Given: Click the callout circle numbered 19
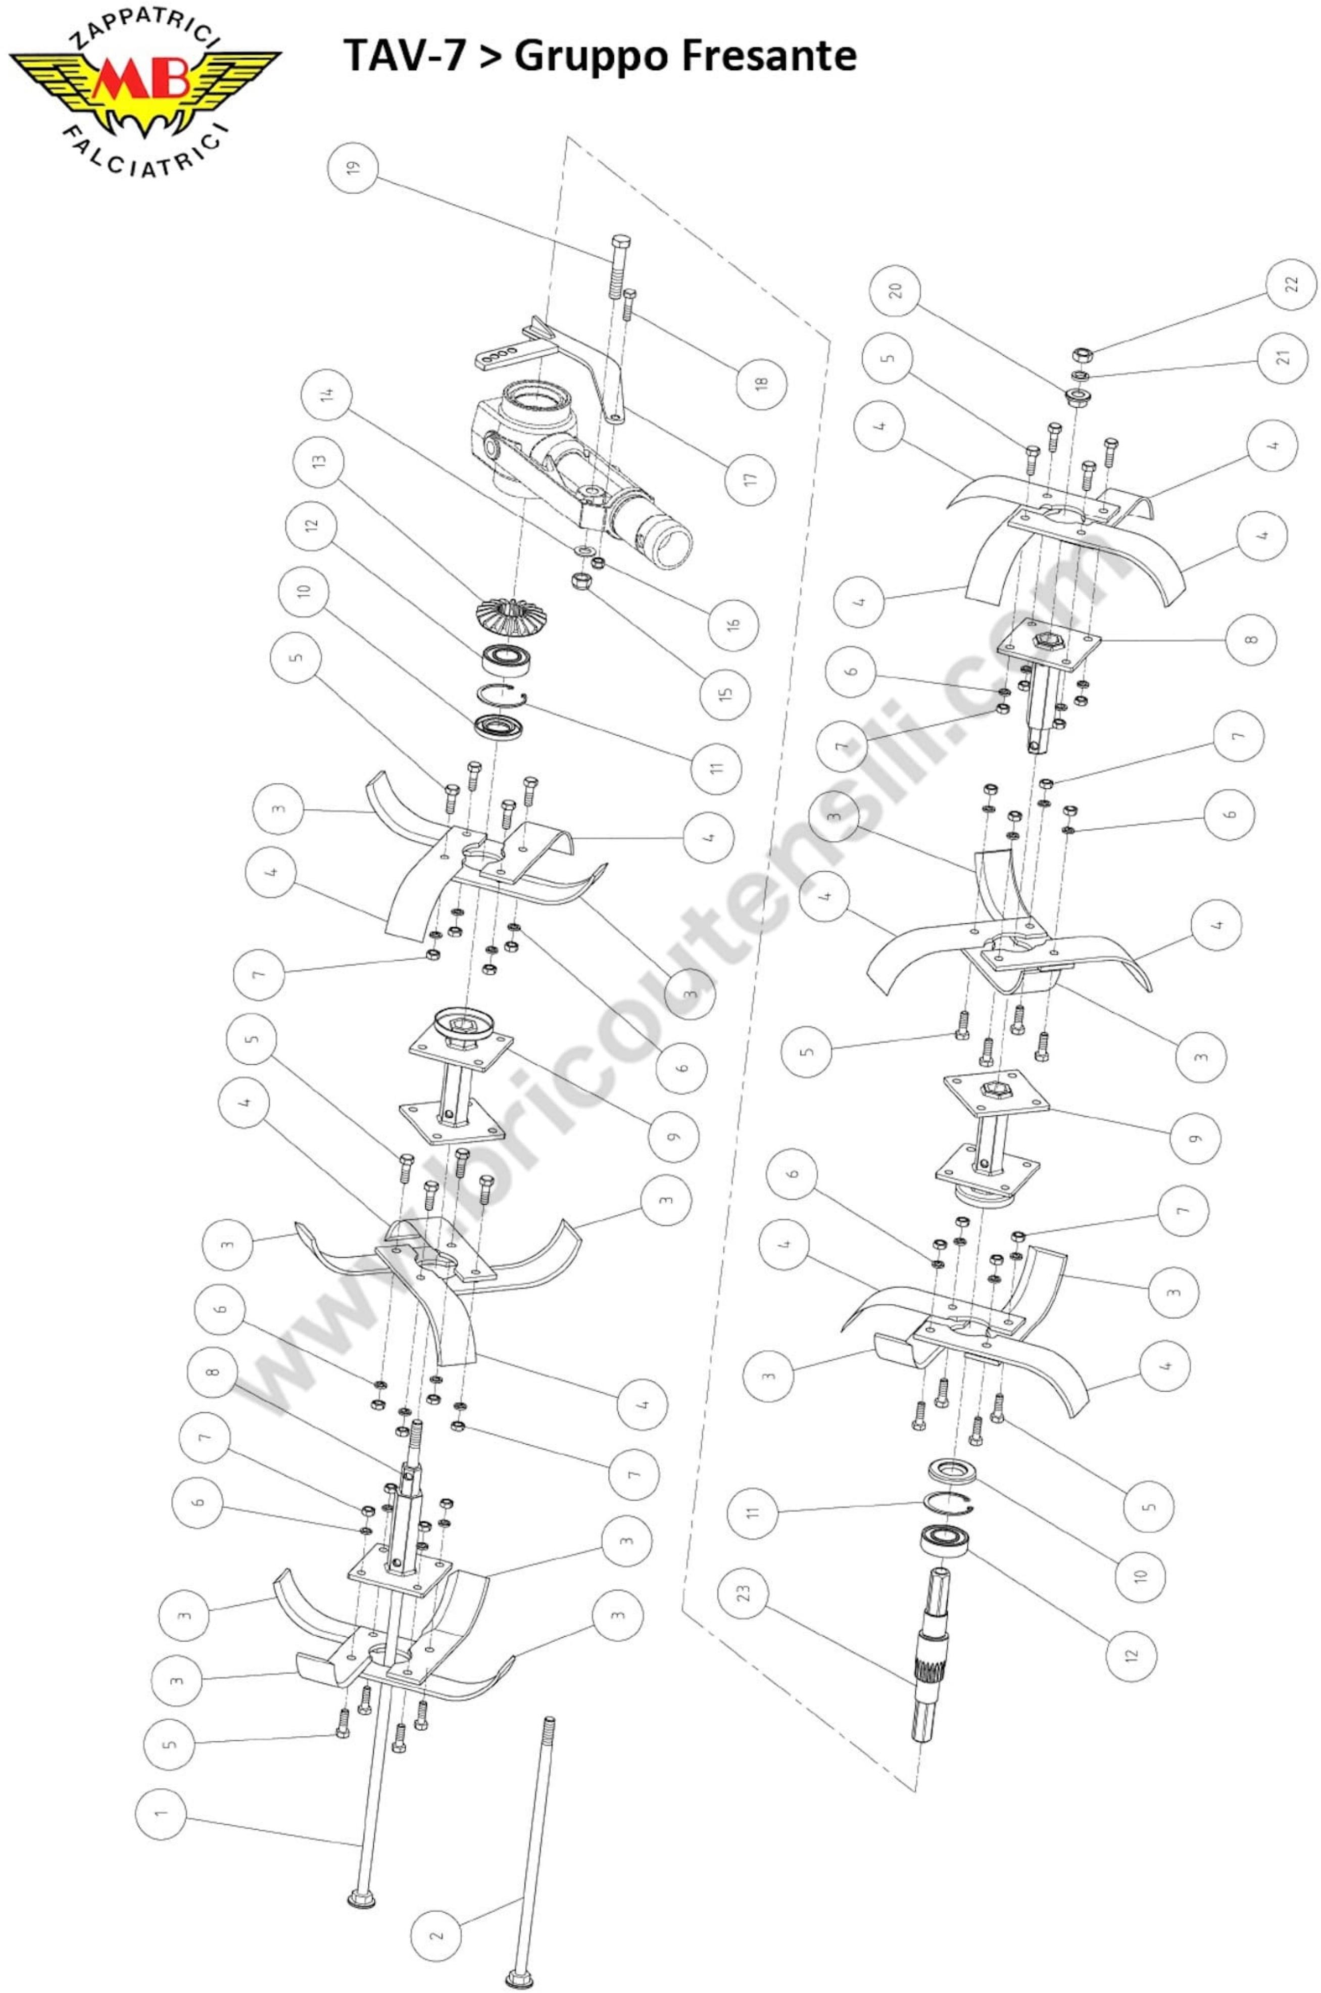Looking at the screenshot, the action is pyautogui.click(x=352, y=167).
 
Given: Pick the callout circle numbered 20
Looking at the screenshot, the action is pyautogui.click(x=896, y=291).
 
